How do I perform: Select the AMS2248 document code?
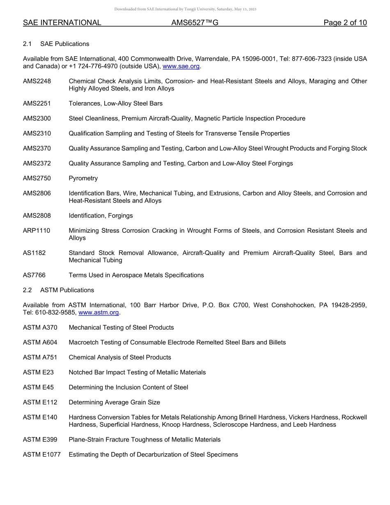click(x=37, y=81)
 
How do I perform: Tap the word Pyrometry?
click(x=83, y=178)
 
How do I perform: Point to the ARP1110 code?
click(x=37, y=231)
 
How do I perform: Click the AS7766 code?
click(x=34, y=275)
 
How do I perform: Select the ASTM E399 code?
click(x=40, y=440)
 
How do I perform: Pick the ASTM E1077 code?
click(x=42, y=454)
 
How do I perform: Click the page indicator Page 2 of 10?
click(x=345, y=23)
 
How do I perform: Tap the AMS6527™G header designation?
click(x=195, y=23)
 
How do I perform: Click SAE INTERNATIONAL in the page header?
click(x=62, y=23)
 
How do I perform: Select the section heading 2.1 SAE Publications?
click(x=56, y=44)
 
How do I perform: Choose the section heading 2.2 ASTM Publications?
click(x=58, y=290)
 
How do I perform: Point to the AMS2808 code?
click(x=37, y=216)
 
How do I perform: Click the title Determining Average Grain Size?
click(x=114, y=402)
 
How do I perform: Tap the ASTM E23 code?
click(x=38, y=372)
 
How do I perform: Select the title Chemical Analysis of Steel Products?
click(x=120, y=357)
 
